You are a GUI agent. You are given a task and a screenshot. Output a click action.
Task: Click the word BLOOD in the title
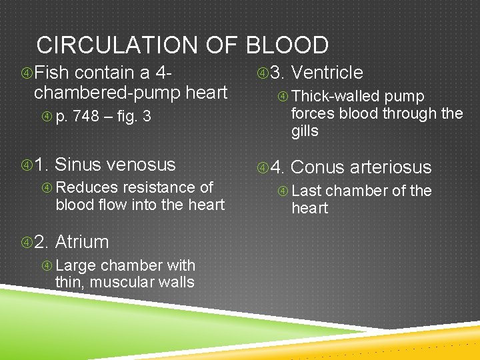coord(287,45)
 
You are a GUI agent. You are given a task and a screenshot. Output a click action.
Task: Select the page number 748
coord(86,117)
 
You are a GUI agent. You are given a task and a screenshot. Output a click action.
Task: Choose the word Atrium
coord(82,241)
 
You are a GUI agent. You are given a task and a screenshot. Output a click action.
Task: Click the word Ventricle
coord(327,73)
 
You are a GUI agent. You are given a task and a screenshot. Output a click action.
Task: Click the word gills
coord(305,131)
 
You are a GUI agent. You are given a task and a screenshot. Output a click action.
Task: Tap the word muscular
coord(118,282)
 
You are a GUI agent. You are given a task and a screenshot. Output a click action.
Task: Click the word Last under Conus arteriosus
coord(307,191)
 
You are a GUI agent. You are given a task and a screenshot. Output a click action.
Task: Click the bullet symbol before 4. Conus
coord(263,167)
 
